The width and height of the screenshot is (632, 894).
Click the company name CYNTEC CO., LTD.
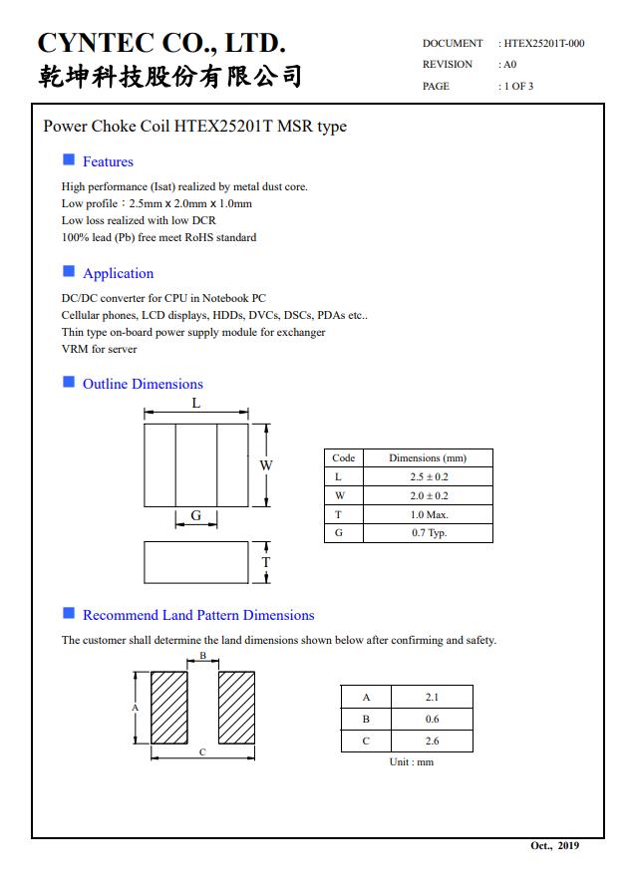pyautogui.click(x=161, y=43)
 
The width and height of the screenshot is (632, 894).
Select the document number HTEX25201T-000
pyautogui.click(x=544, y=43)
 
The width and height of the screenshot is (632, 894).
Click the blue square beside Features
pyautogui.click(x=69, y=159)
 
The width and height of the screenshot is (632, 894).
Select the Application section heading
pyautogui.click(x=118, y=273)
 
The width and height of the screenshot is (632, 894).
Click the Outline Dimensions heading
pyautogui.click(x=143, y=384)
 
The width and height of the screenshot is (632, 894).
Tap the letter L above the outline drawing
pyautogui.click(x=196, y=403)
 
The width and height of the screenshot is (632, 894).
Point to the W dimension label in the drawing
pyautogui.click(x=266, y=465)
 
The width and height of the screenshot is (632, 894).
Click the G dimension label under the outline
pyautogui.click(x=196, y=515)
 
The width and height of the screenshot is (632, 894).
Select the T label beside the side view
pyautogui.click(x=266, y=562)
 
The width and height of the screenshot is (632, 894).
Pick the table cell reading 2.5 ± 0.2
pyautogui.click(x=429, y=476)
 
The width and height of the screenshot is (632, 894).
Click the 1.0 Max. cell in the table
pyautogui.click(x=429, y=514)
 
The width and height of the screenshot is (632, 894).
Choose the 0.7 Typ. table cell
pyautogui.click(x=429, y=533)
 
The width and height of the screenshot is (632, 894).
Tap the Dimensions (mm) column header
pyautogui.click(x=428, y=457)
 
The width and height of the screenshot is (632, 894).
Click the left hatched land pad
pyautogui.click(x=169, y=708)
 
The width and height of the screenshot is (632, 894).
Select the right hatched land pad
pyautogui.click(x=237, y=708)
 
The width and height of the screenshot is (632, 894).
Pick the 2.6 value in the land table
pyautogui.click(x=432, y=741)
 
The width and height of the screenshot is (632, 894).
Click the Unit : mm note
pyautogui.click(x=411, y=762)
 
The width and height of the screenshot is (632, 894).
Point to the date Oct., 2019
pyautogui.click(x=553, y=846)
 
